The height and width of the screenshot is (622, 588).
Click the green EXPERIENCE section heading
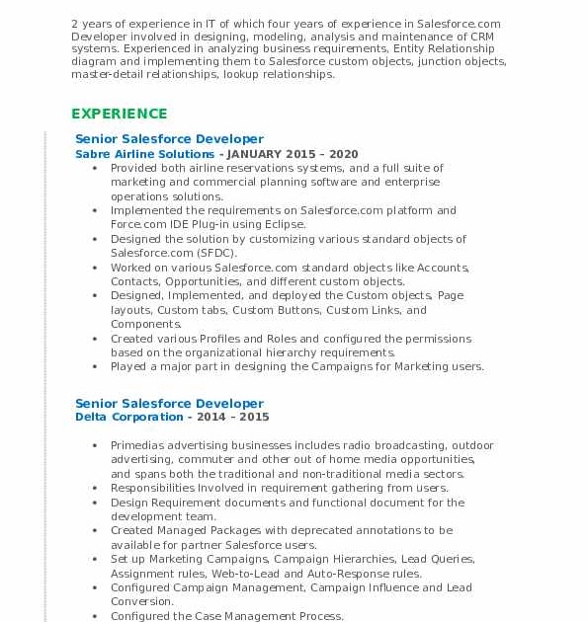coord(119,114)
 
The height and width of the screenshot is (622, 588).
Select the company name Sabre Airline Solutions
coord(144,154)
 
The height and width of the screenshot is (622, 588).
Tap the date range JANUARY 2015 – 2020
coord(294,154)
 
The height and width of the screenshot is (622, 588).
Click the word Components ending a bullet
coord(145,324)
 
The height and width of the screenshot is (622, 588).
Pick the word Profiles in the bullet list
coord(222,339)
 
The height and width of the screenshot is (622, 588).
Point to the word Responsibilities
coord(153,488)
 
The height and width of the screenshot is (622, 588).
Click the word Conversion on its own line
coord(141,601)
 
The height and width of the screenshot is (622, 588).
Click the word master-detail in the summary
coord(105,74)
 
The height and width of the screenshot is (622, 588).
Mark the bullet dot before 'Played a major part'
coord(95,366)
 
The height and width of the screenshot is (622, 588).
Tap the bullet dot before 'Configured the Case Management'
coord(95,616)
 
